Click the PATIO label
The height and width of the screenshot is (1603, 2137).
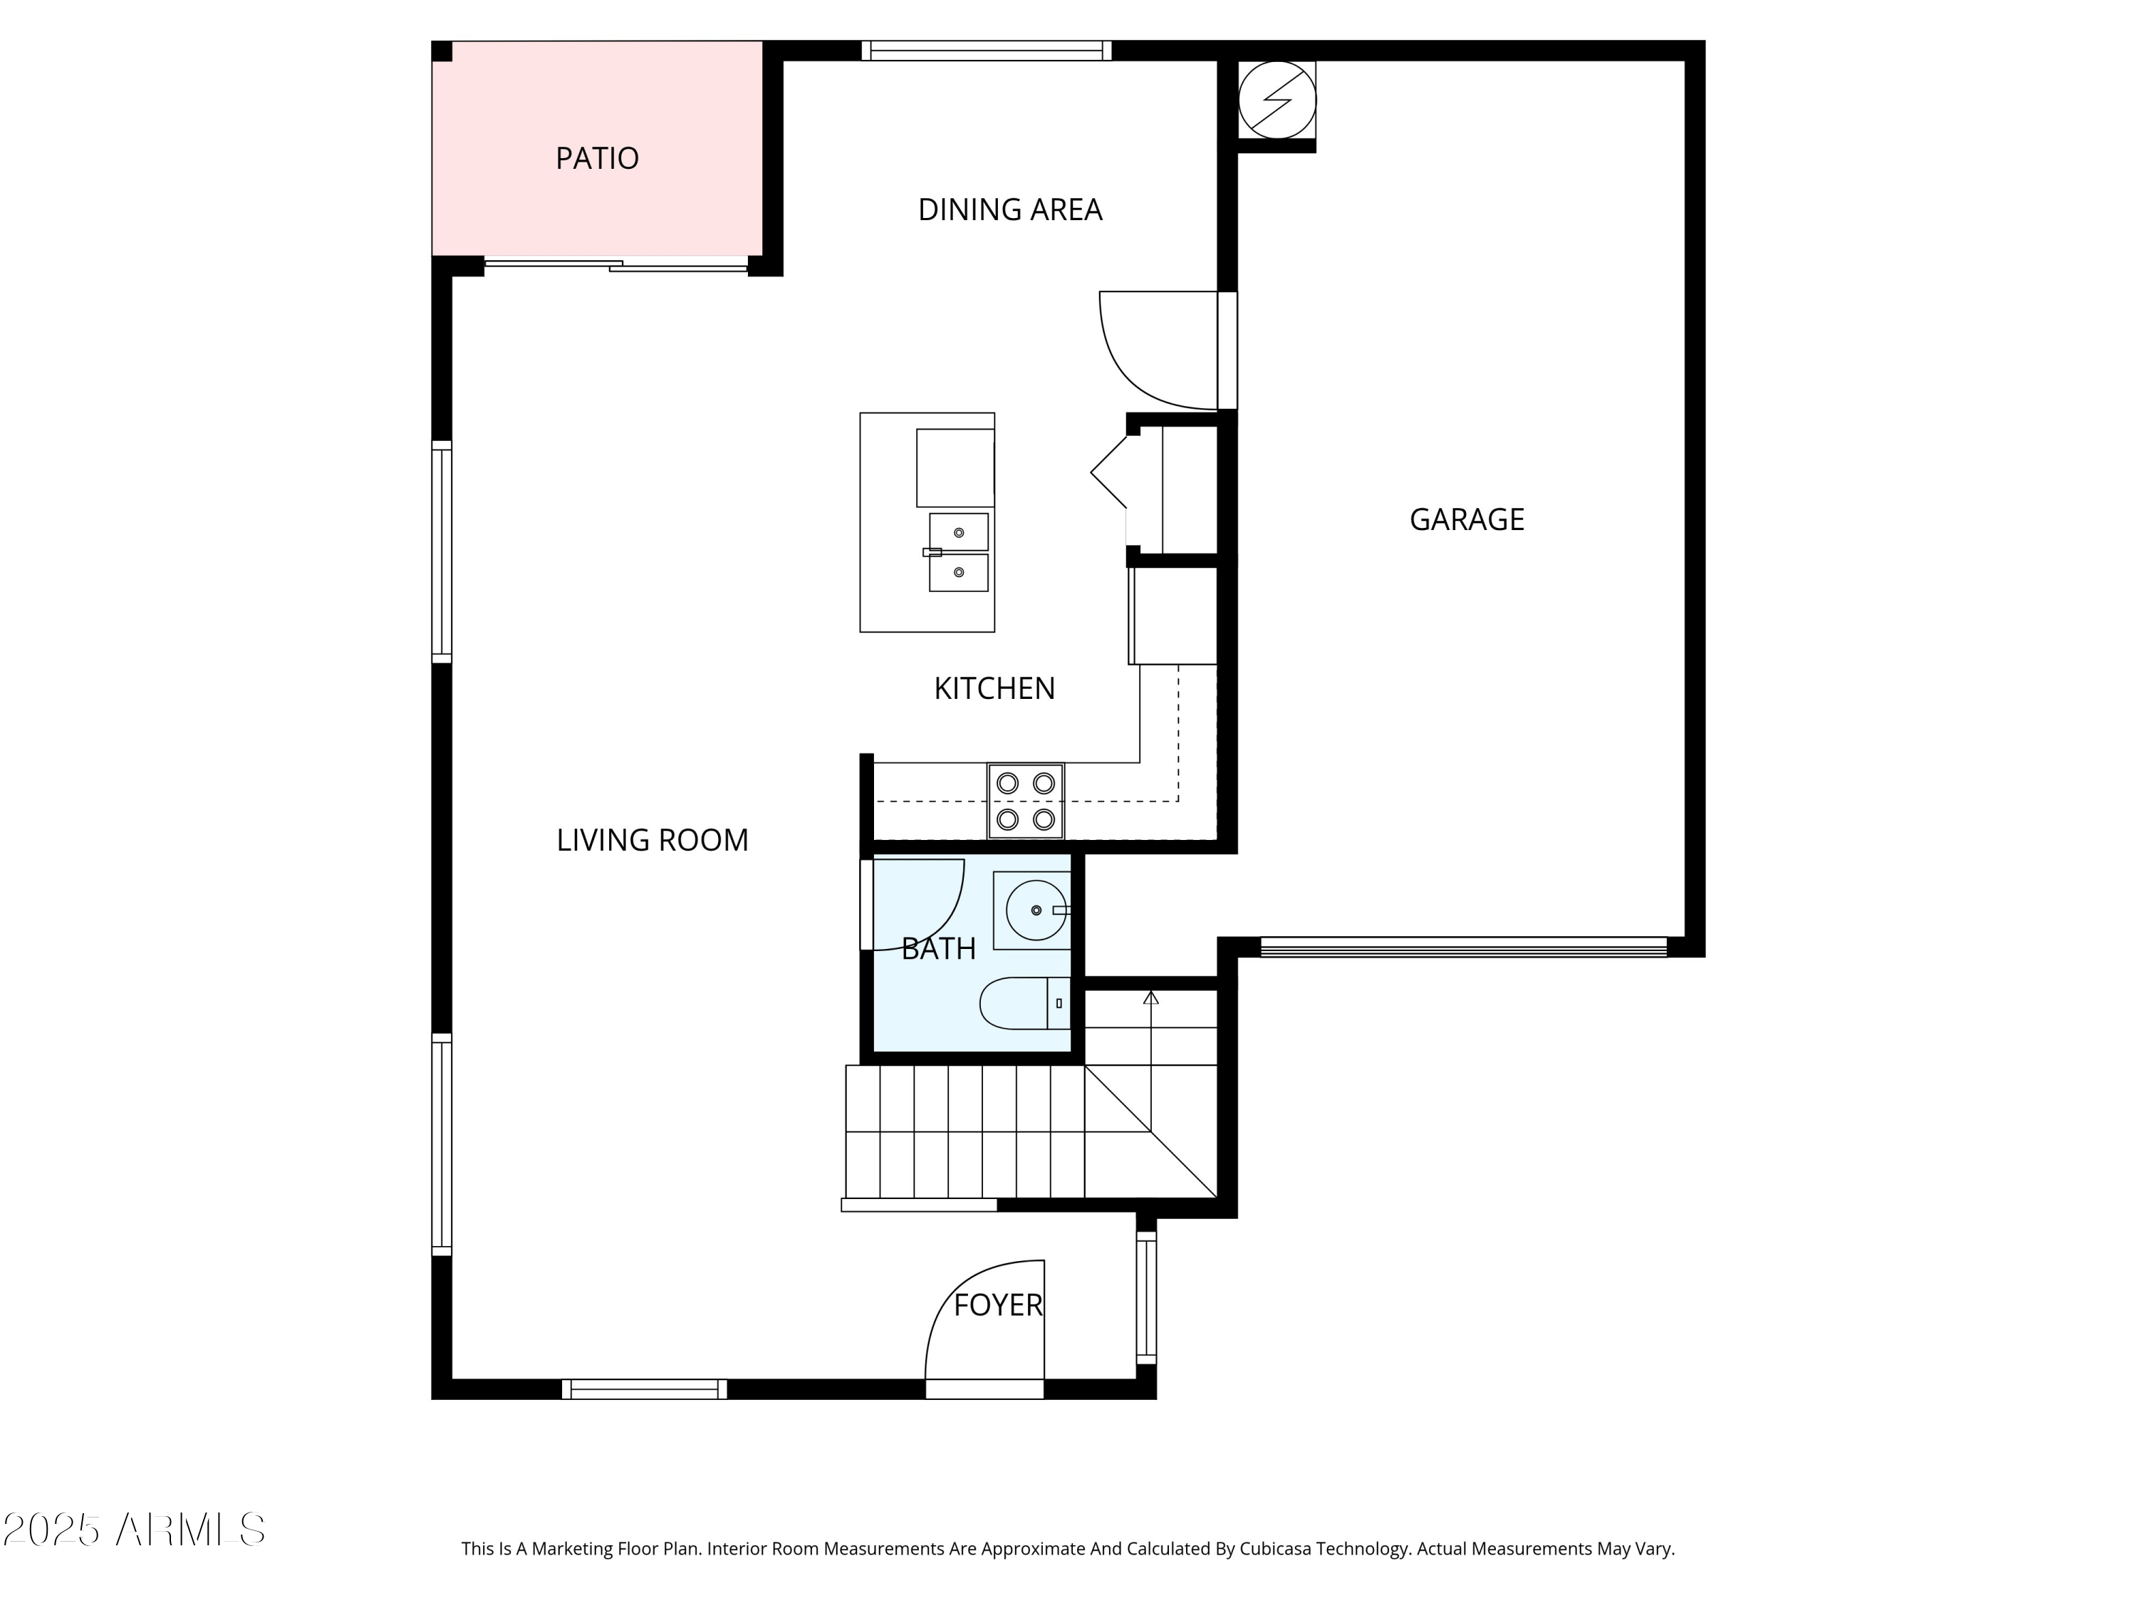596,158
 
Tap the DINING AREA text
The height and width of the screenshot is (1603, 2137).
1009,209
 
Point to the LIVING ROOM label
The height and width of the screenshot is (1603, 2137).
652,840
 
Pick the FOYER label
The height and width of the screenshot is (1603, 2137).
997,1305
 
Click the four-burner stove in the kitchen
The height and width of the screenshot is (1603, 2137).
1025,801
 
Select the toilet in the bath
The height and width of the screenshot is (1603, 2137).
1022,1003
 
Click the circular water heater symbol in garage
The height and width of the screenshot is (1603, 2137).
1277,100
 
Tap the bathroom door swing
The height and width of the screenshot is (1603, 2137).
917,904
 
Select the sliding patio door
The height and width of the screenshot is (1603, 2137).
615,264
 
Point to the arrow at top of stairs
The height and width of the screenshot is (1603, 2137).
1150,997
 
